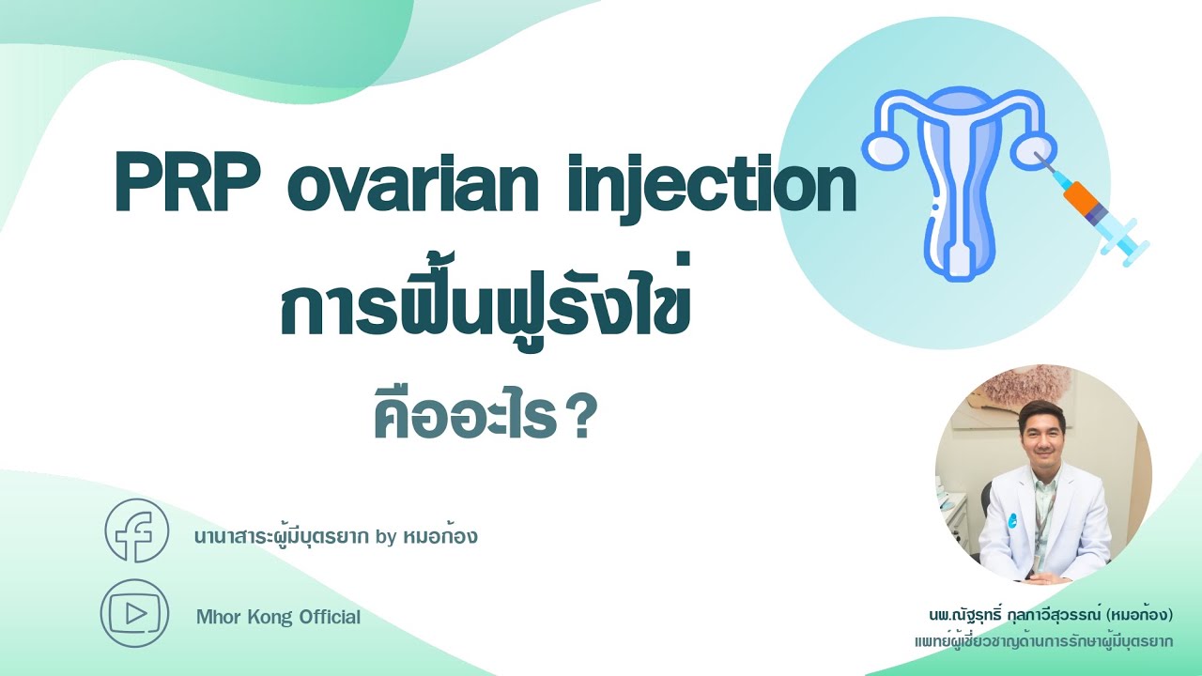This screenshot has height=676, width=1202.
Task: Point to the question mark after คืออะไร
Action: pos(582,422)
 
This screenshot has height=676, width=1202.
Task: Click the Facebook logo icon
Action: pos(136,531)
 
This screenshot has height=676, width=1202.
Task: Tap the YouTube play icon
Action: pos(134,614)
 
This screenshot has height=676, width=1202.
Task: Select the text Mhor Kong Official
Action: pos(278,617)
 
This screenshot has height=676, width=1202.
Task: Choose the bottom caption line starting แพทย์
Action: pos(1044,641)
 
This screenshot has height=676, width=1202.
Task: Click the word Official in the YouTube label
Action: pos(330,617)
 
